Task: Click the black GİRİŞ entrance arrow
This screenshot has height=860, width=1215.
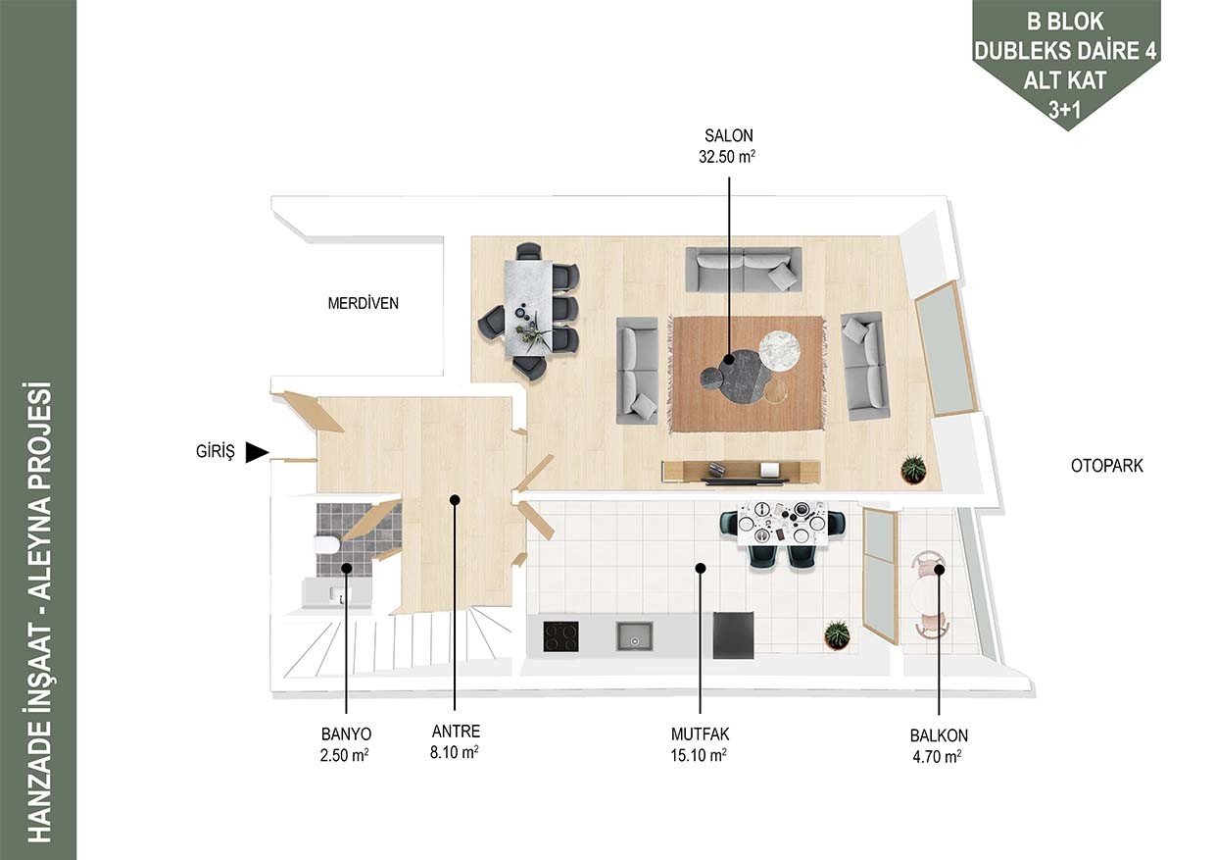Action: click(x=257, y=452)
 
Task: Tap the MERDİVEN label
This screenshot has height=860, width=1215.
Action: click(x=363, y=303)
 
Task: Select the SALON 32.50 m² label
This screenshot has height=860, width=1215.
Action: click(x=728, y=146)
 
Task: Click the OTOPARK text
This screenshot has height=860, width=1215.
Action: click(x=1106, y=466)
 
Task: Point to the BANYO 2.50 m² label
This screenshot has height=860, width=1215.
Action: click(x=346, y=744)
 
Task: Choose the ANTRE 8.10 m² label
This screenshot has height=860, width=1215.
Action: click(x=455, y=741)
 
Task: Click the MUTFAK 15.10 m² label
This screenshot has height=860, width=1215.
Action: click(x=700, y=744)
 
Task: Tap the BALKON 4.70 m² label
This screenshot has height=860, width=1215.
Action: click(x=939, y=746)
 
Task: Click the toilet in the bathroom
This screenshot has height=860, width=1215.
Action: click(x=326, y=544)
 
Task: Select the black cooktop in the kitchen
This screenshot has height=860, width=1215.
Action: click(x=560, y=636)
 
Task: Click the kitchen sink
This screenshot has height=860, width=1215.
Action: click(x=634, y=636)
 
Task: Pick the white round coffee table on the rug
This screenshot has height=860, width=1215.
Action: click(x=779, y=352)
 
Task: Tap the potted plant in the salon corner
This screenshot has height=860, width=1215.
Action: click(x=913, y=469)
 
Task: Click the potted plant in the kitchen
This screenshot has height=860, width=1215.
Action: click(x=837, y=634)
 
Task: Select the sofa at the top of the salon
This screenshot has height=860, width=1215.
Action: click(x=743, y=270)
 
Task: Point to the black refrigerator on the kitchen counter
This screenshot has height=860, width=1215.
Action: click(x=733, y=635)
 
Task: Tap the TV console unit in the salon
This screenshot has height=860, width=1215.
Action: click(x=741, y=472)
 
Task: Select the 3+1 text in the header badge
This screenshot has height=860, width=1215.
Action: click(x=1065, y=110)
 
